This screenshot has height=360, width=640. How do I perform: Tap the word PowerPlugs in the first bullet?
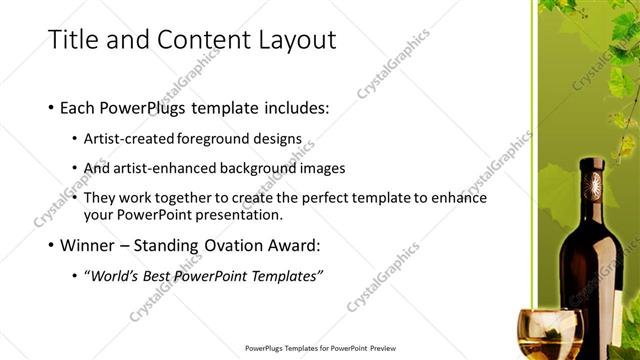150,107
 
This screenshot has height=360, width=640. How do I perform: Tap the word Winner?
90,245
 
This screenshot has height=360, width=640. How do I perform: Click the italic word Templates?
287,275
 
